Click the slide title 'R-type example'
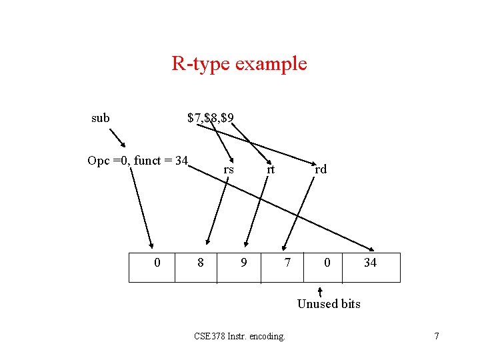click(x=239, y=64)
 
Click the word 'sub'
click(x=101, y=118)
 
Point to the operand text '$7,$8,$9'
click(x=210, y=118)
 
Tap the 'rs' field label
click(x=229, y=169)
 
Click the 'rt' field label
click(x=271, y=169)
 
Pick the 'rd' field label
click(x=321, y=169)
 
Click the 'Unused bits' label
click(x=329, y=304)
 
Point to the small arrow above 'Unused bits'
click(x=321, y=291)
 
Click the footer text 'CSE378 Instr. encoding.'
click(x=239, y=336)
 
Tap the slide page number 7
click(x=437, y=336)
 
